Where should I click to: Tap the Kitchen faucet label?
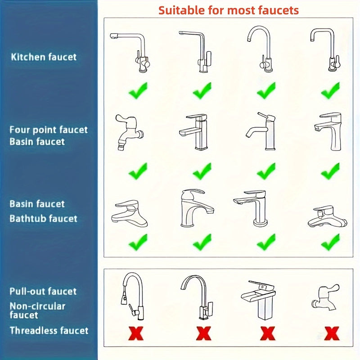pyautogui.click(x=44, y=57)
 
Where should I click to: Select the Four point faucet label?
pyautogui.click(x=49, y=130)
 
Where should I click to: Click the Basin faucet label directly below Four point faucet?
pyautogui.click(x=37, y=142)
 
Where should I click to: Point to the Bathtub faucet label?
pyautogui.click(x=44, y=219)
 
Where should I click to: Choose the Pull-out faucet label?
pyautogui.click(x=43, y=291)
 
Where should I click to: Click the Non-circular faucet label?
pyautogui.click(x=38, y=310)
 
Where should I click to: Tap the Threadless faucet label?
pyautogui.click(x=49, y=331)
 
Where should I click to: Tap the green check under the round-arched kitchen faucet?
pyautogui.click(x=266, y=91)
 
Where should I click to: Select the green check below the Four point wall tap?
pyautogui.click(x=138, y=171)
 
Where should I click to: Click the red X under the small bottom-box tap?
pyautogui.click(x=331, y=333)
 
